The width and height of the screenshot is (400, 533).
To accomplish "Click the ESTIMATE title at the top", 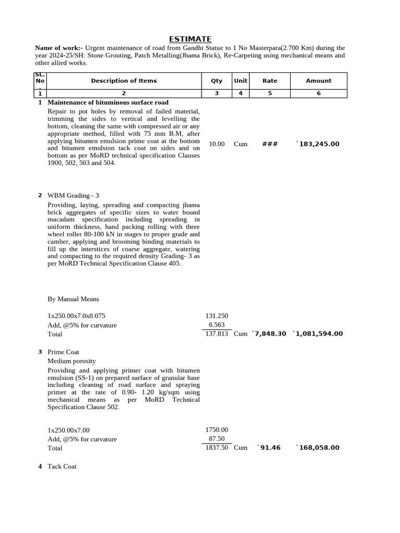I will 190,39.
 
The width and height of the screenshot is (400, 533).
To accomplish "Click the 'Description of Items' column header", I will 123,81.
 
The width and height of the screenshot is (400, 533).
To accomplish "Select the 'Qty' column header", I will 216,81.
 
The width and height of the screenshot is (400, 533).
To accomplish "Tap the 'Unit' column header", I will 241,81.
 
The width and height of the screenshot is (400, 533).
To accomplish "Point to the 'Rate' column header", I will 270,81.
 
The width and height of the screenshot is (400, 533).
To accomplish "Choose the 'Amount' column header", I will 318,81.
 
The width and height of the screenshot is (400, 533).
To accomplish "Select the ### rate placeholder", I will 270,144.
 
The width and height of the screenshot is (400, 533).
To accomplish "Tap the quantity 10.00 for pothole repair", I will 217,144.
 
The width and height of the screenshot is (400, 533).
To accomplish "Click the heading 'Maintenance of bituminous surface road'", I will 108,103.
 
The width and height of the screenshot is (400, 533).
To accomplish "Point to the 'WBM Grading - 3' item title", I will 73,196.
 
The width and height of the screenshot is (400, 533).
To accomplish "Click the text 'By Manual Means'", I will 73,299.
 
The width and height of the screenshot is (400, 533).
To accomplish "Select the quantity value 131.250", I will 217,316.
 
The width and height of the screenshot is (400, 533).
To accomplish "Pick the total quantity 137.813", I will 217,334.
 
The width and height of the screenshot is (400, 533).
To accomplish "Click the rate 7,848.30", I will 269,334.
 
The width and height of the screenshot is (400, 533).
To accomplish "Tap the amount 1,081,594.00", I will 318,334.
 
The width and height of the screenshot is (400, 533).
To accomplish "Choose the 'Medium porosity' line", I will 71,361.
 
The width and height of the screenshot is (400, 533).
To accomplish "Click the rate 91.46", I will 269,448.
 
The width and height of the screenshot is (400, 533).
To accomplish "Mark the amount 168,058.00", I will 318,448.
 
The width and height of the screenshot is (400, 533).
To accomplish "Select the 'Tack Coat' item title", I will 61,466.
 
